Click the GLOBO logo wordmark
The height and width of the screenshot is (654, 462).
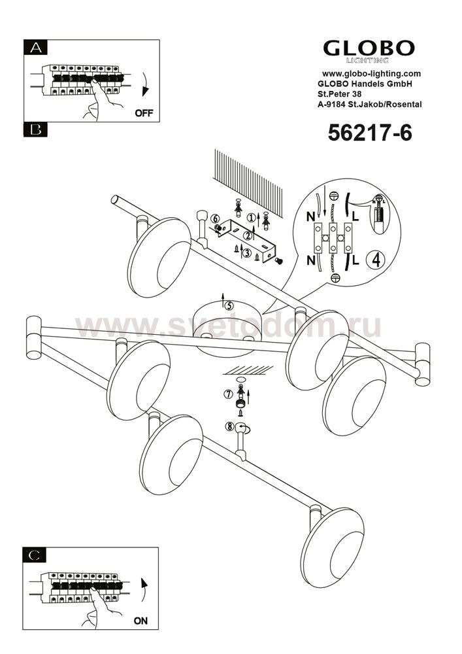tap(369, 48)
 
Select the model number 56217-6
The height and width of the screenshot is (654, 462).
tap(369, 133)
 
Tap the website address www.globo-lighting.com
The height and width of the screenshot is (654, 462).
tap(371, 74)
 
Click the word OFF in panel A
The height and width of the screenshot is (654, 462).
tap(144, 113)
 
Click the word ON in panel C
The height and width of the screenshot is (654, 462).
tap(140, 621)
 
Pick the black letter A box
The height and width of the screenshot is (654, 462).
tap(36, 48)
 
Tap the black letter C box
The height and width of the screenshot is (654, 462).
tap(35, 555)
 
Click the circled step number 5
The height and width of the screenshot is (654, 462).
tap(229, 305)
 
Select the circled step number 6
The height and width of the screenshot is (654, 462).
tap(214, 218)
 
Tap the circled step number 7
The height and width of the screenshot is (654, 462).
tap(228, 394)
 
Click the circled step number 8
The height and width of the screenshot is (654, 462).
tap(229, 426)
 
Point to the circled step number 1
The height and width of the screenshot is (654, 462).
tap(251, 217)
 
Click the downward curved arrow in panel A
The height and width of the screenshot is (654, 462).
tap(144, 84)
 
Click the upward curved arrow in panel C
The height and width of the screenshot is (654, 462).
tap(144, 591)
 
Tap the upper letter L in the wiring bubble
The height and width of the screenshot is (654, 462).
tap(355, 216)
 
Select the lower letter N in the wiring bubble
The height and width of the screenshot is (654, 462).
tap(311, 261)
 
